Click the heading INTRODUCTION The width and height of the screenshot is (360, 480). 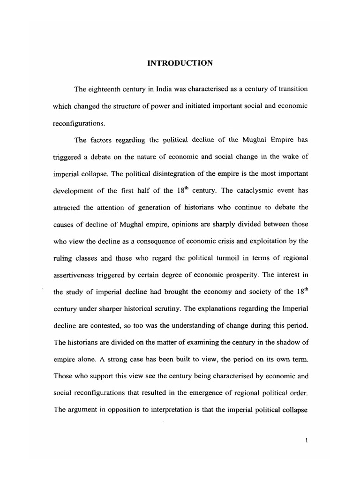[180, 63]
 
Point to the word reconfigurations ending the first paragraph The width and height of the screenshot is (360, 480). [79, 123]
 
